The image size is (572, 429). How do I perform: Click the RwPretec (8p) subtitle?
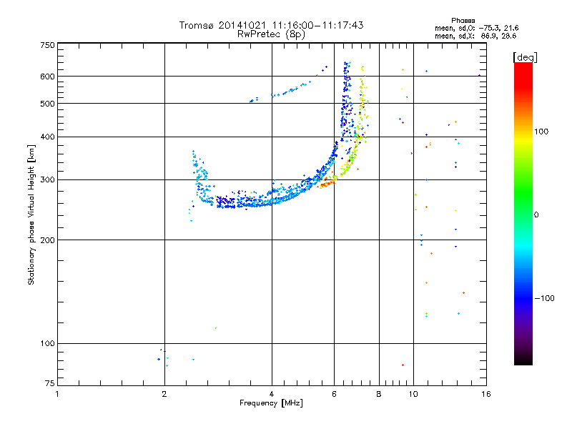[272, 34]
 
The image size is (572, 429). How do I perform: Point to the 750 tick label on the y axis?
[47, 44]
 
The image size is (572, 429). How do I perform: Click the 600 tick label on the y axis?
[47, 77]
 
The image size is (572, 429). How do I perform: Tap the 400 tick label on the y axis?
[47, 137]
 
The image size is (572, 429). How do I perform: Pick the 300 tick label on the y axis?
[47, 179]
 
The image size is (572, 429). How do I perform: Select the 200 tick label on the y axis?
[47, 240]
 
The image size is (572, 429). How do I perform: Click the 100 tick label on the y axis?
[47, 344]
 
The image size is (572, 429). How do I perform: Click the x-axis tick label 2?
[164, 394]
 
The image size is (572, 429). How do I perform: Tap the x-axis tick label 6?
[335, 394]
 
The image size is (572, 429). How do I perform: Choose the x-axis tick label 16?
[485, 394]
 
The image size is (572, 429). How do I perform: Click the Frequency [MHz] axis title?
[271, 403]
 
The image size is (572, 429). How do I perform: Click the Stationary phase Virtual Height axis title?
[31, 214]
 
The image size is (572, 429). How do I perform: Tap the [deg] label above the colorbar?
[526, 56]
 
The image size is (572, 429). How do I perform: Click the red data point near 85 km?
[403, 365]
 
